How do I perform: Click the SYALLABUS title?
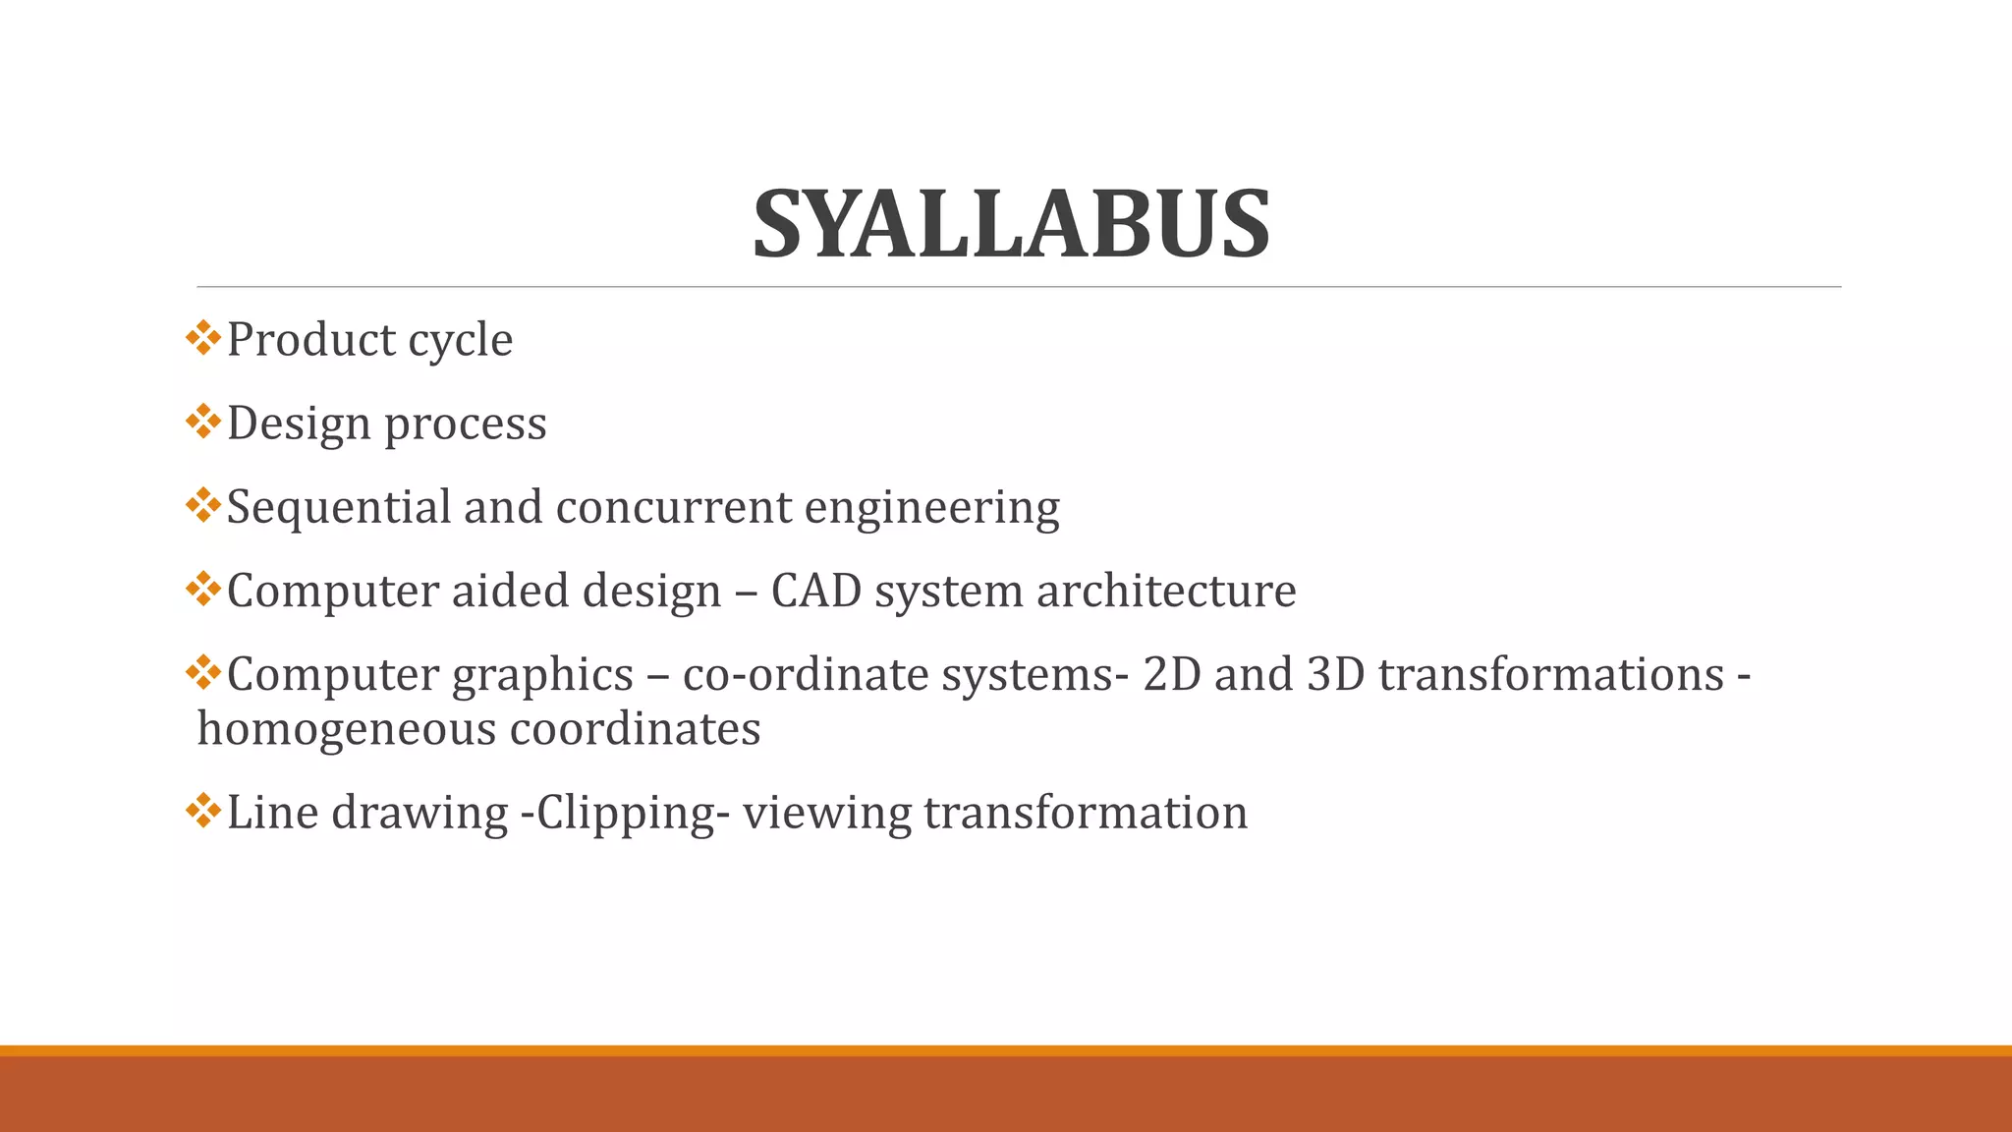coord(1011,225)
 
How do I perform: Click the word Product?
coord(310,340)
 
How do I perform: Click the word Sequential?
coord(338,508)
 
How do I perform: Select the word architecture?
coord(1166,591)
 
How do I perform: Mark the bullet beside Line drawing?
coord(202,810)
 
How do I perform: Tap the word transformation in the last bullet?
coord(1086,813)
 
